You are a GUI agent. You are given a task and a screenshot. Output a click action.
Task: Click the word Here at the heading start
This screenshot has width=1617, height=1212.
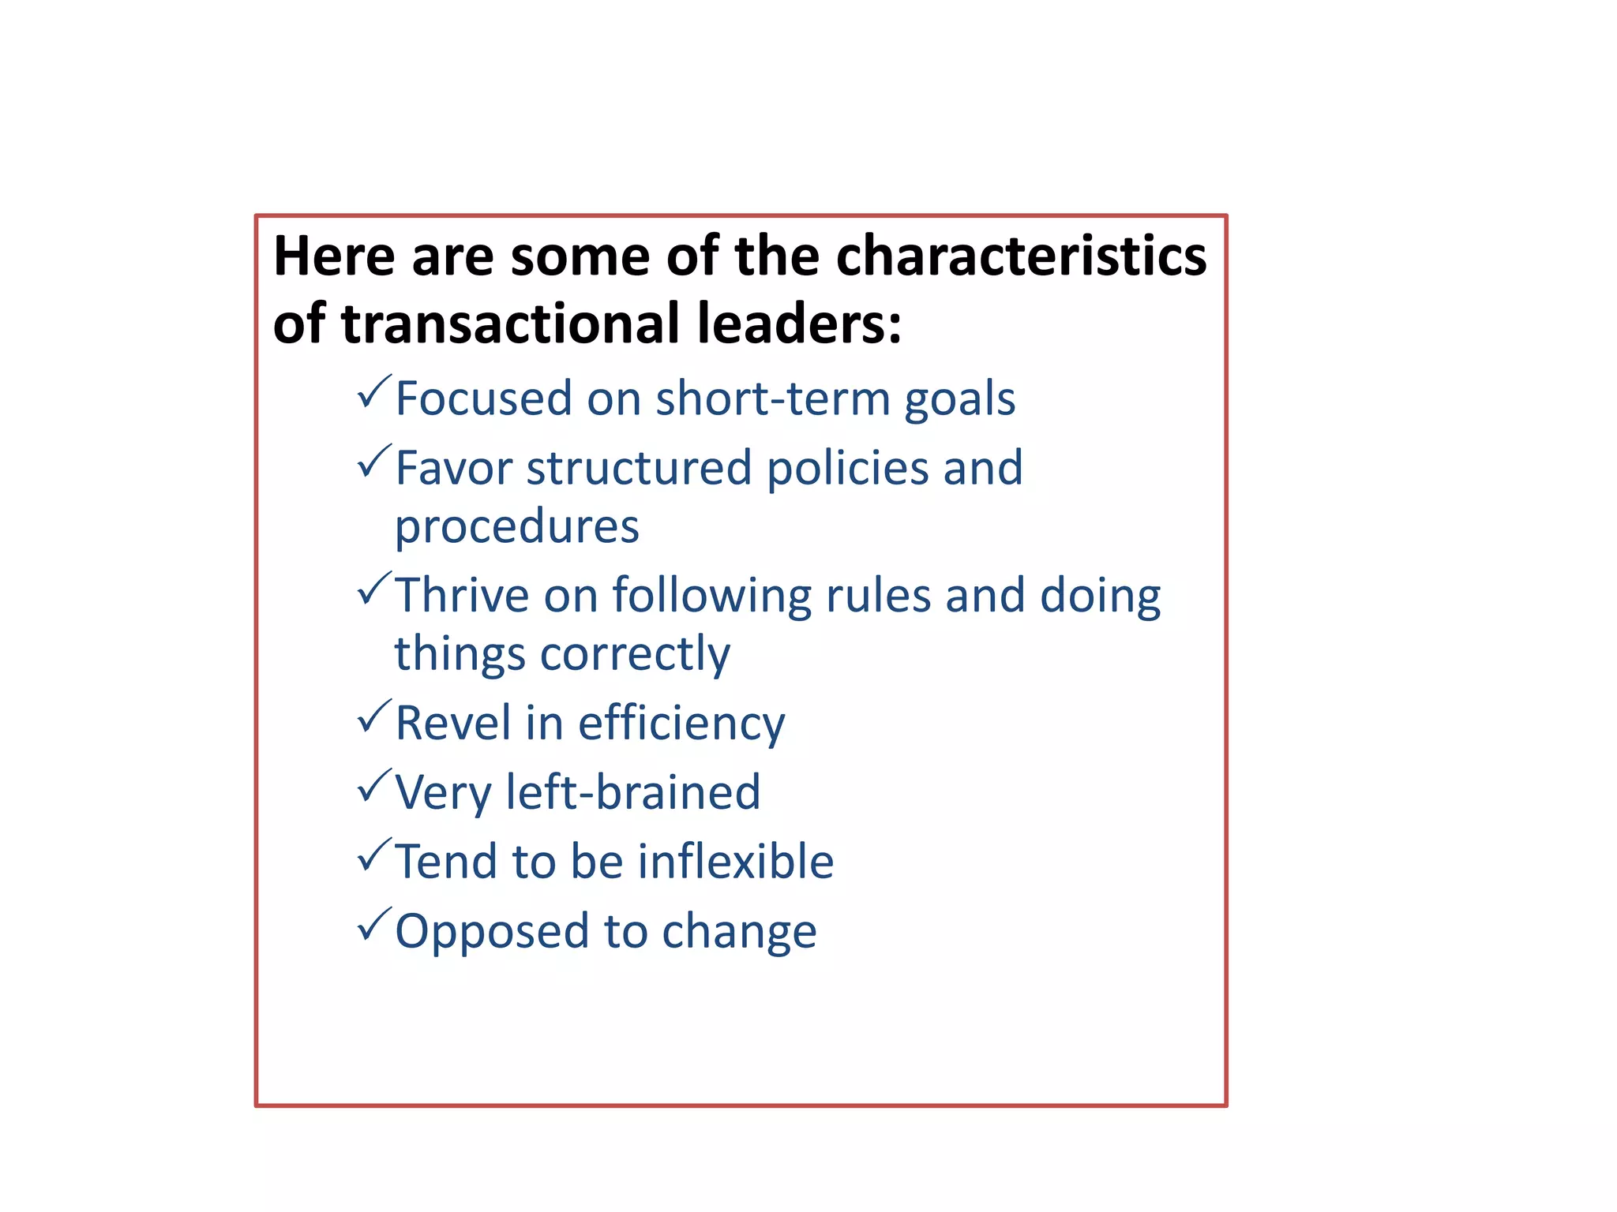[334, 256]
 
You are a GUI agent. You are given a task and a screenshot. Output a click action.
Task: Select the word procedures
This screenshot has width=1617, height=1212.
[516, 527]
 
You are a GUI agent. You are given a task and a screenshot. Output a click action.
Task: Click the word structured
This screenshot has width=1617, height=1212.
[639, 468]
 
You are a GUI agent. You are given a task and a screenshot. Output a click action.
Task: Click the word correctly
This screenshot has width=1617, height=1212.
[635, 655]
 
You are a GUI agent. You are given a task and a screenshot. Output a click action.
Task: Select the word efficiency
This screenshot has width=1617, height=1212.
[681, 724]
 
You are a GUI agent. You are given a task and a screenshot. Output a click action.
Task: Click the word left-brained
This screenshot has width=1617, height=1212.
[632, 792]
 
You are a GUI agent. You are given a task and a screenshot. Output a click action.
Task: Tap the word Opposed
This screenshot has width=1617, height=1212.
[492, 932]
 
